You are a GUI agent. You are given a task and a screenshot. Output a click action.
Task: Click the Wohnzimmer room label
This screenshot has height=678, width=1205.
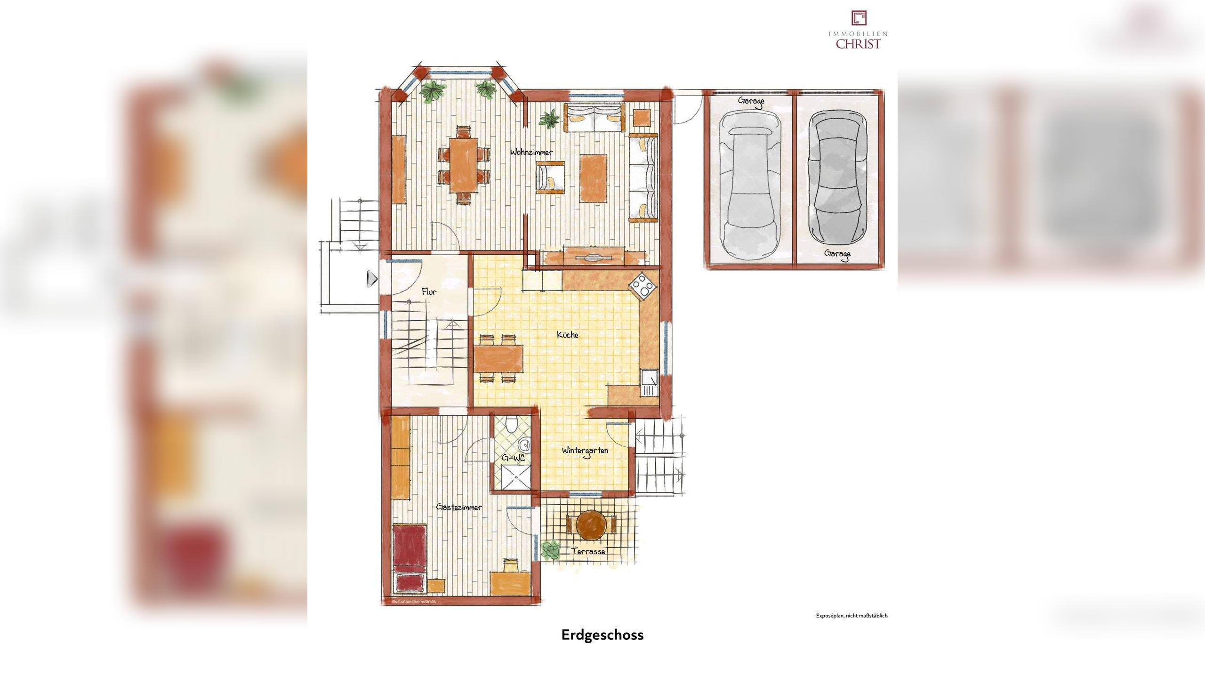point(531,152)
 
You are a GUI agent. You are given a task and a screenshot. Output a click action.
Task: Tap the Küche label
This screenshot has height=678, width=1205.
point(567,335)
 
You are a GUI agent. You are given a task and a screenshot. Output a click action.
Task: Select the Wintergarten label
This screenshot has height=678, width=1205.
point(585,451)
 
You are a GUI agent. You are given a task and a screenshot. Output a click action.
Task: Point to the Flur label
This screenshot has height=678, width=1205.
point(429,292)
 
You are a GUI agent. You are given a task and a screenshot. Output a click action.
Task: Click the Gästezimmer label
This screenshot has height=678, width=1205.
point(459,507)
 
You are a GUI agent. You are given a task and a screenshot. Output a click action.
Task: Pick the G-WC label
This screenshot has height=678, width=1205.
point(513,458)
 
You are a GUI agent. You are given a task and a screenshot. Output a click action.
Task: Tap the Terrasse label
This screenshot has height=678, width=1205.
point(588,551)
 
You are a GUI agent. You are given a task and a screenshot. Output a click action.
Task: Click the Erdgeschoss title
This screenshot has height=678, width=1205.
point(602,635)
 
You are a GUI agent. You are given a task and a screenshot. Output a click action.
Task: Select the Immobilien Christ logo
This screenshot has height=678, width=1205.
point(858,30)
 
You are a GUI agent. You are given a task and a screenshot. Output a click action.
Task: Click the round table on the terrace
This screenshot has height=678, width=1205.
point(591,525)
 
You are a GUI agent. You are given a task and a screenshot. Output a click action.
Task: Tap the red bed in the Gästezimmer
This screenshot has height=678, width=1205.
point(410,558)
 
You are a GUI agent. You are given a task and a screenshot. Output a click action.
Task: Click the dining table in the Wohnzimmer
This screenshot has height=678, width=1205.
point(463,164)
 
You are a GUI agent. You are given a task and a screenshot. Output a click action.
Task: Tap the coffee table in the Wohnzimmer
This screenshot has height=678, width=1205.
point(593,178)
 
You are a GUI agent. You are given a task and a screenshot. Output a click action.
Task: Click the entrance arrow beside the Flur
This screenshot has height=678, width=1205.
point(372,279)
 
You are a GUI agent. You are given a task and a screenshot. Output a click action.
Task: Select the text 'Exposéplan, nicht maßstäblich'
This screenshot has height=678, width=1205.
point(852,615)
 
